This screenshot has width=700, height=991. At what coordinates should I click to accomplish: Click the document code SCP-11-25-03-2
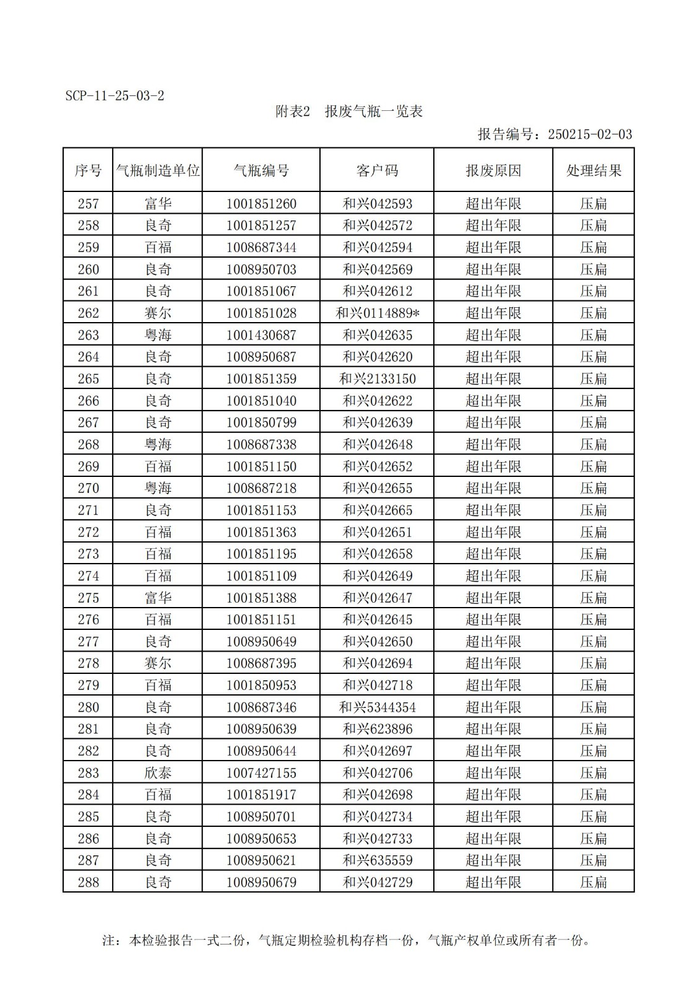tap(115, 96)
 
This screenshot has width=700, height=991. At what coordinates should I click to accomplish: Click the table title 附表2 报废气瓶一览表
tap(349, 111)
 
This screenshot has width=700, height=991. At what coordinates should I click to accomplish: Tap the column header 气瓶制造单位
tap(158, 170)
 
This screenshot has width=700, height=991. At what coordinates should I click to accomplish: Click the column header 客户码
tap(377, 170)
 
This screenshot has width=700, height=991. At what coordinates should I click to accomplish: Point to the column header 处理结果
tap(594, 170)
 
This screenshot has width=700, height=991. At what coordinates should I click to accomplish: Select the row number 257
tap(89, 204)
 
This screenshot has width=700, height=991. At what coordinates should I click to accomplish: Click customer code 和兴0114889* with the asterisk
tap(378, 313)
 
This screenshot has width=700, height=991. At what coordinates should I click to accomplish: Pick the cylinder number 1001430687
tap(261, 335)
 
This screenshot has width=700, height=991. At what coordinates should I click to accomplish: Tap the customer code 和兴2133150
tap(378, 379)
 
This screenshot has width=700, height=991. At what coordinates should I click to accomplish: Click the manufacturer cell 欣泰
tap(158, 773)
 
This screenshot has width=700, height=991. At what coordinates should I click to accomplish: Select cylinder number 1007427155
tap(261, 773)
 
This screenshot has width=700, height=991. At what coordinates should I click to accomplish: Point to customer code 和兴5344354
tap(378, 707)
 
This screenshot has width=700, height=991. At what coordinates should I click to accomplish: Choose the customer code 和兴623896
tap(378, 729)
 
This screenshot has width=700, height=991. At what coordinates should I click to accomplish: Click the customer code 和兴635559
tap(378, 860)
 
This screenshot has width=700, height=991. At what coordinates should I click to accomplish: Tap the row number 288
tap(89, 882)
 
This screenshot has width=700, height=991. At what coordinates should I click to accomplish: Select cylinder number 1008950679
tap(261, 882)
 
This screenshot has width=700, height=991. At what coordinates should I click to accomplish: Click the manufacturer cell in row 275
tap(158, 598)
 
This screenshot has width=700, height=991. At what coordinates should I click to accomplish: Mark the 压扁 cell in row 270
tap(594, 488)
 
